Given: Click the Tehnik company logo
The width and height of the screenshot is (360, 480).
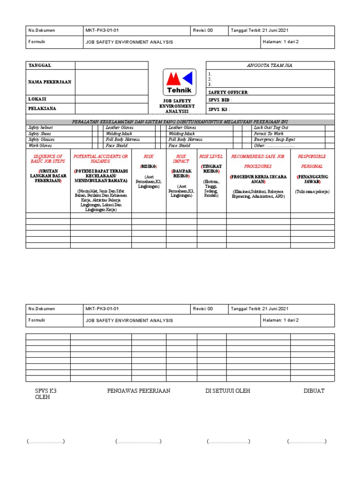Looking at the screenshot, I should (177, 82).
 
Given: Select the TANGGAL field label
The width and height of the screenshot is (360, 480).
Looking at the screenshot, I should (40, 66).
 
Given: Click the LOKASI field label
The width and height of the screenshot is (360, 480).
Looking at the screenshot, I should (37, 99).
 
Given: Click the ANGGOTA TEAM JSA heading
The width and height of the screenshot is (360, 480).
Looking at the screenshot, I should (270, 66).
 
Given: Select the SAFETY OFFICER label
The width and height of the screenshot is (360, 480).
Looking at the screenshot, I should (228, 92).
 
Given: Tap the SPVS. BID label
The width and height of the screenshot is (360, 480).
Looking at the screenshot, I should (220, 100).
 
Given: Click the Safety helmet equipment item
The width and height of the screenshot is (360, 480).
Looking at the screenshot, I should (41, 127).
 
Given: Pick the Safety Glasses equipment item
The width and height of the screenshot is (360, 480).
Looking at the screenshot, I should (41, 140).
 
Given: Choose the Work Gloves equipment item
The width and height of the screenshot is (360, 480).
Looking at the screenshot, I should (39, 146).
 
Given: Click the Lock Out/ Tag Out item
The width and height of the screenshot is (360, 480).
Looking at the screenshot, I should (271, 127).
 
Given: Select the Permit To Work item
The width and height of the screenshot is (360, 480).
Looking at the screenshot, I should (269, 134).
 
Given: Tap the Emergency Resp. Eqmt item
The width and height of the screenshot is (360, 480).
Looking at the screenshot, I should (275, 140).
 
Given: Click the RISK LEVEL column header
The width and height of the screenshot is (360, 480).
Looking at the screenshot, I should (211, 157).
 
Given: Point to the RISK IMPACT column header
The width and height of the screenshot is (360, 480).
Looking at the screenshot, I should (181, 159).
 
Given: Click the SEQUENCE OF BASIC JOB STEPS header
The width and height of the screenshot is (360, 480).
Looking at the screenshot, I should (47, 159).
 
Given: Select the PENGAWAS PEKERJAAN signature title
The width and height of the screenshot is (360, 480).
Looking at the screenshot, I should (138, 390).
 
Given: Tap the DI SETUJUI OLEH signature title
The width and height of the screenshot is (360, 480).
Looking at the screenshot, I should (227, 390).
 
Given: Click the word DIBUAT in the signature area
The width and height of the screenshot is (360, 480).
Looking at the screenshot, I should (314, 390).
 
